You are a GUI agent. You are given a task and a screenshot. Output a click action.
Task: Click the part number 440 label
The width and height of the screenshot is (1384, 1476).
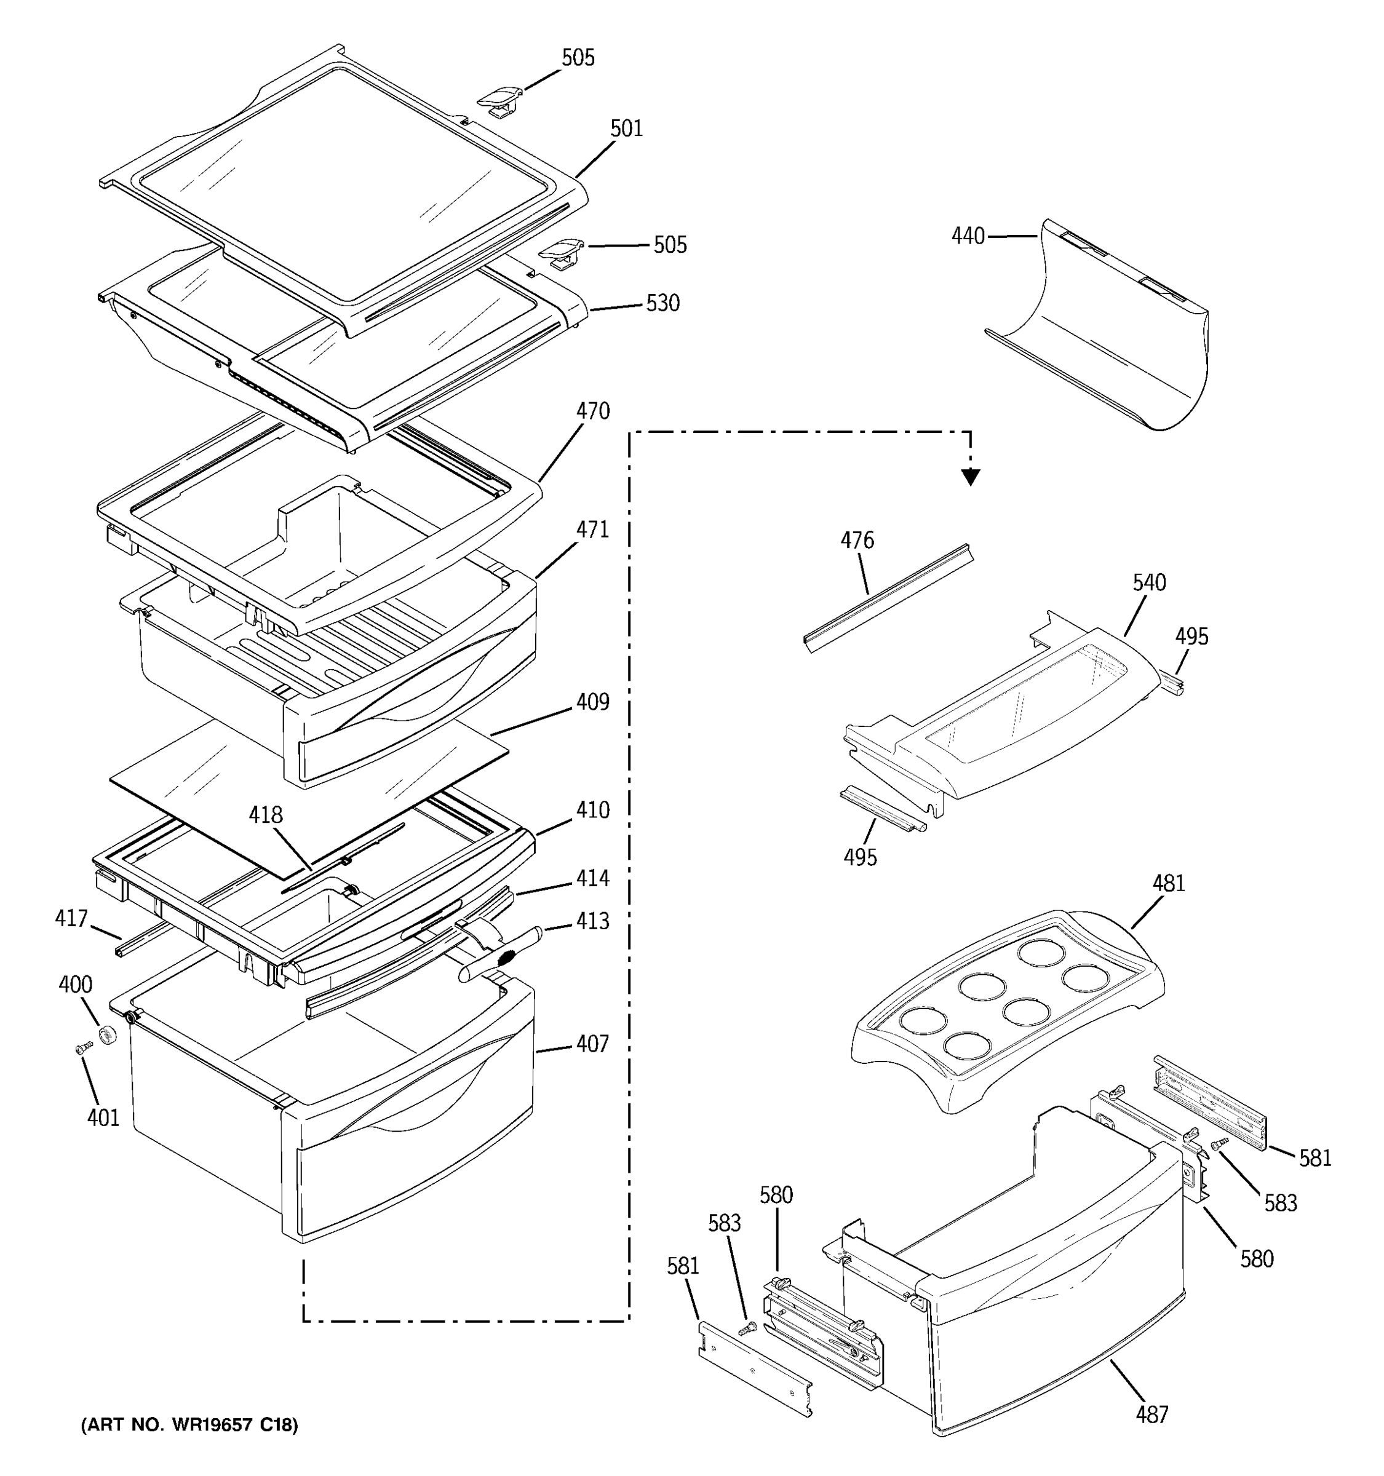pos(968,236)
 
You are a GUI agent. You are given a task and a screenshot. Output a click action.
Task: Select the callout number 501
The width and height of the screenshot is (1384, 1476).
pos(626,129)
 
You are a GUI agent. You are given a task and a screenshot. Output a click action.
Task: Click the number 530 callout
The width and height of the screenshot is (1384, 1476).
pos(662,303)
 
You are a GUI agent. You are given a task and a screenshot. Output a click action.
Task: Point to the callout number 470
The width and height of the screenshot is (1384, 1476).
pos(592,411)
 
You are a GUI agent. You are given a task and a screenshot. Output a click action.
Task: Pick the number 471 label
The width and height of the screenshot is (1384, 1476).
pos(592,530)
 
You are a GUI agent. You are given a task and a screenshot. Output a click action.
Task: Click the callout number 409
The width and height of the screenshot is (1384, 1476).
pos(592,702)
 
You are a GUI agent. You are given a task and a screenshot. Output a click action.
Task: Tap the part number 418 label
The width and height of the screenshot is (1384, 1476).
pos(265,815)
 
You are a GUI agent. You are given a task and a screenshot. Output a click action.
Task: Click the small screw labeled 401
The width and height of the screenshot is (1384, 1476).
pos(84,1049)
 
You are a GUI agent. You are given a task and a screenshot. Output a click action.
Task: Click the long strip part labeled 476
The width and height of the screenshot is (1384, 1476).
pos(887,598)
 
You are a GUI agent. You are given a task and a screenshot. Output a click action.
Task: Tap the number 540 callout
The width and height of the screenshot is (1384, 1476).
pos(1148,583)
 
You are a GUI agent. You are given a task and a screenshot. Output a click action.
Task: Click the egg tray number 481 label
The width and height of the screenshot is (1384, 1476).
pos(1169,884)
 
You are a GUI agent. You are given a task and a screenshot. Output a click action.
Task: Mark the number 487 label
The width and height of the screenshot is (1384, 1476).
pos(1151,1415)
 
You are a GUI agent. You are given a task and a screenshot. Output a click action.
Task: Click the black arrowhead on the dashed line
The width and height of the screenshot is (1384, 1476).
pos(971,477)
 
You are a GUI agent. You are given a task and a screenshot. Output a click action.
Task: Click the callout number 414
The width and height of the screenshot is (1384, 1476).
pos(592,878)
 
